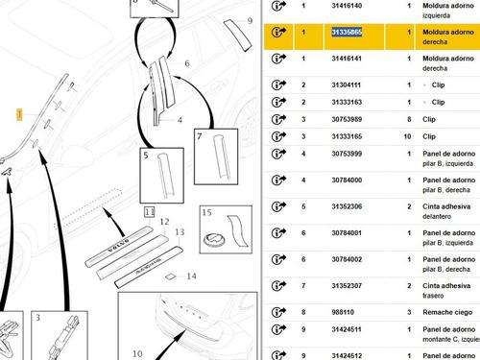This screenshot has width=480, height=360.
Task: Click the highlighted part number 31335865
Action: point(347,32)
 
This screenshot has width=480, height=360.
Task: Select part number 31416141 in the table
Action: point(347,59)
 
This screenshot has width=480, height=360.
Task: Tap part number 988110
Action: point(343,312)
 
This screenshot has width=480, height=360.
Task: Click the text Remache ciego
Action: point(447,312)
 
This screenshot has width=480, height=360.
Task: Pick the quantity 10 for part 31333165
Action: point(407,136)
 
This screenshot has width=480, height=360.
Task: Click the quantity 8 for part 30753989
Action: point(409,119)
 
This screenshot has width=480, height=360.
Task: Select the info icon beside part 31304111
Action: point(278,84)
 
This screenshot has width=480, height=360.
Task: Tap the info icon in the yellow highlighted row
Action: point(278,32)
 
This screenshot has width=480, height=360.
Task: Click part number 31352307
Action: point(347,286)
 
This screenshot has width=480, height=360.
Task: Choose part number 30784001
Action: point(347,233)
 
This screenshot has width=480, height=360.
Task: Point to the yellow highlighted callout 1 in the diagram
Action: point(19,114)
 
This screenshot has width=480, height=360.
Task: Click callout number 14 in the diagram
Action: point(191,276)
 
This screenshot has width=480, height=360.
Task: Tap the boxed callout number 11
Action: point(150,212)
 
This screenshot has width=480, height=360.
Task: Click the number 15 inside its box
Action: point(206,212)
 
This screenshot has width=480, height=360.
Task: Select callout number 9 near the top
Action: point(250,21)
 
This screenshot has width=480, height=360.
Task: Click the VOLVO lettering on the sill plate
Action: point(118,245)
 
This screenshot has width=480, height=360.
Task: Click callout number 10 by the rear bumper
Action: point(137,353)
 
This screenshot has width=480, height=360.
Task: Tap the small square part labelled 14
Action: point(171,276)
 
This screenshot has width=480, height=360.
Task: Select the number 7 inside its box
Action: point(200,136)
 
